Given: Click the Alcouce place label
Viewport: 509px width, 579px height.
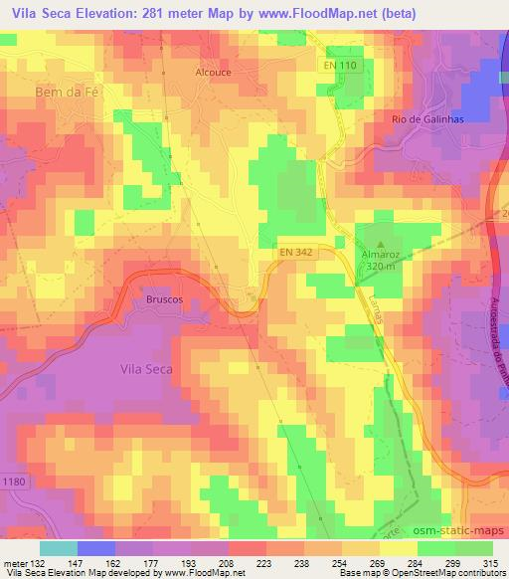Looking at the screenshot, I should click(x=213, y=73).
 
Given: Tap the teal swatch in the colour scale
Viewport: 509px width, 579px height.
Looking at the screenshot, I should click(x=59, y=547).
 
